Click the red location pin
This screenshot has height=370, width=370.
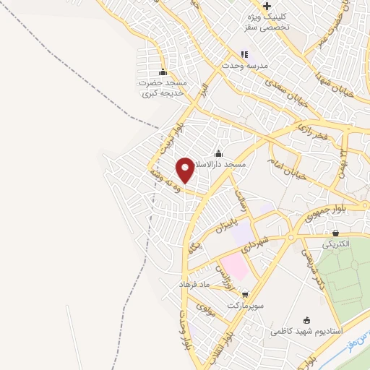pos(185,170)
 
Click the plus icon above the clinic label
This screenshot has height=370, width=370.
pos(267,6)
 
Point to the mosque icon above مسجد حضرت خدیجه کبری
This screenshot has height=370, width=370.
pos(163,72)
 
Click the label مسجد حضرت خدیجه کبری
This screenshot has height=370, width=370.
pos(164,89)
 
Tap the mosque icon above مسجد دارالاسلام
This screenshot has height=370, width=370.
pos(219,153)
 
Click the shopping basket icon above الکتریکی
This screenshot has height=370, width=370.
pos(335,233)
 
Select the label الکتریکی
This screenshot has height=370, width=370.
pos(335,244)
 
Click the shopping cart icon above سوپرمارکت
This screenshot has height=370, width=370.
pos(245,294)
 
